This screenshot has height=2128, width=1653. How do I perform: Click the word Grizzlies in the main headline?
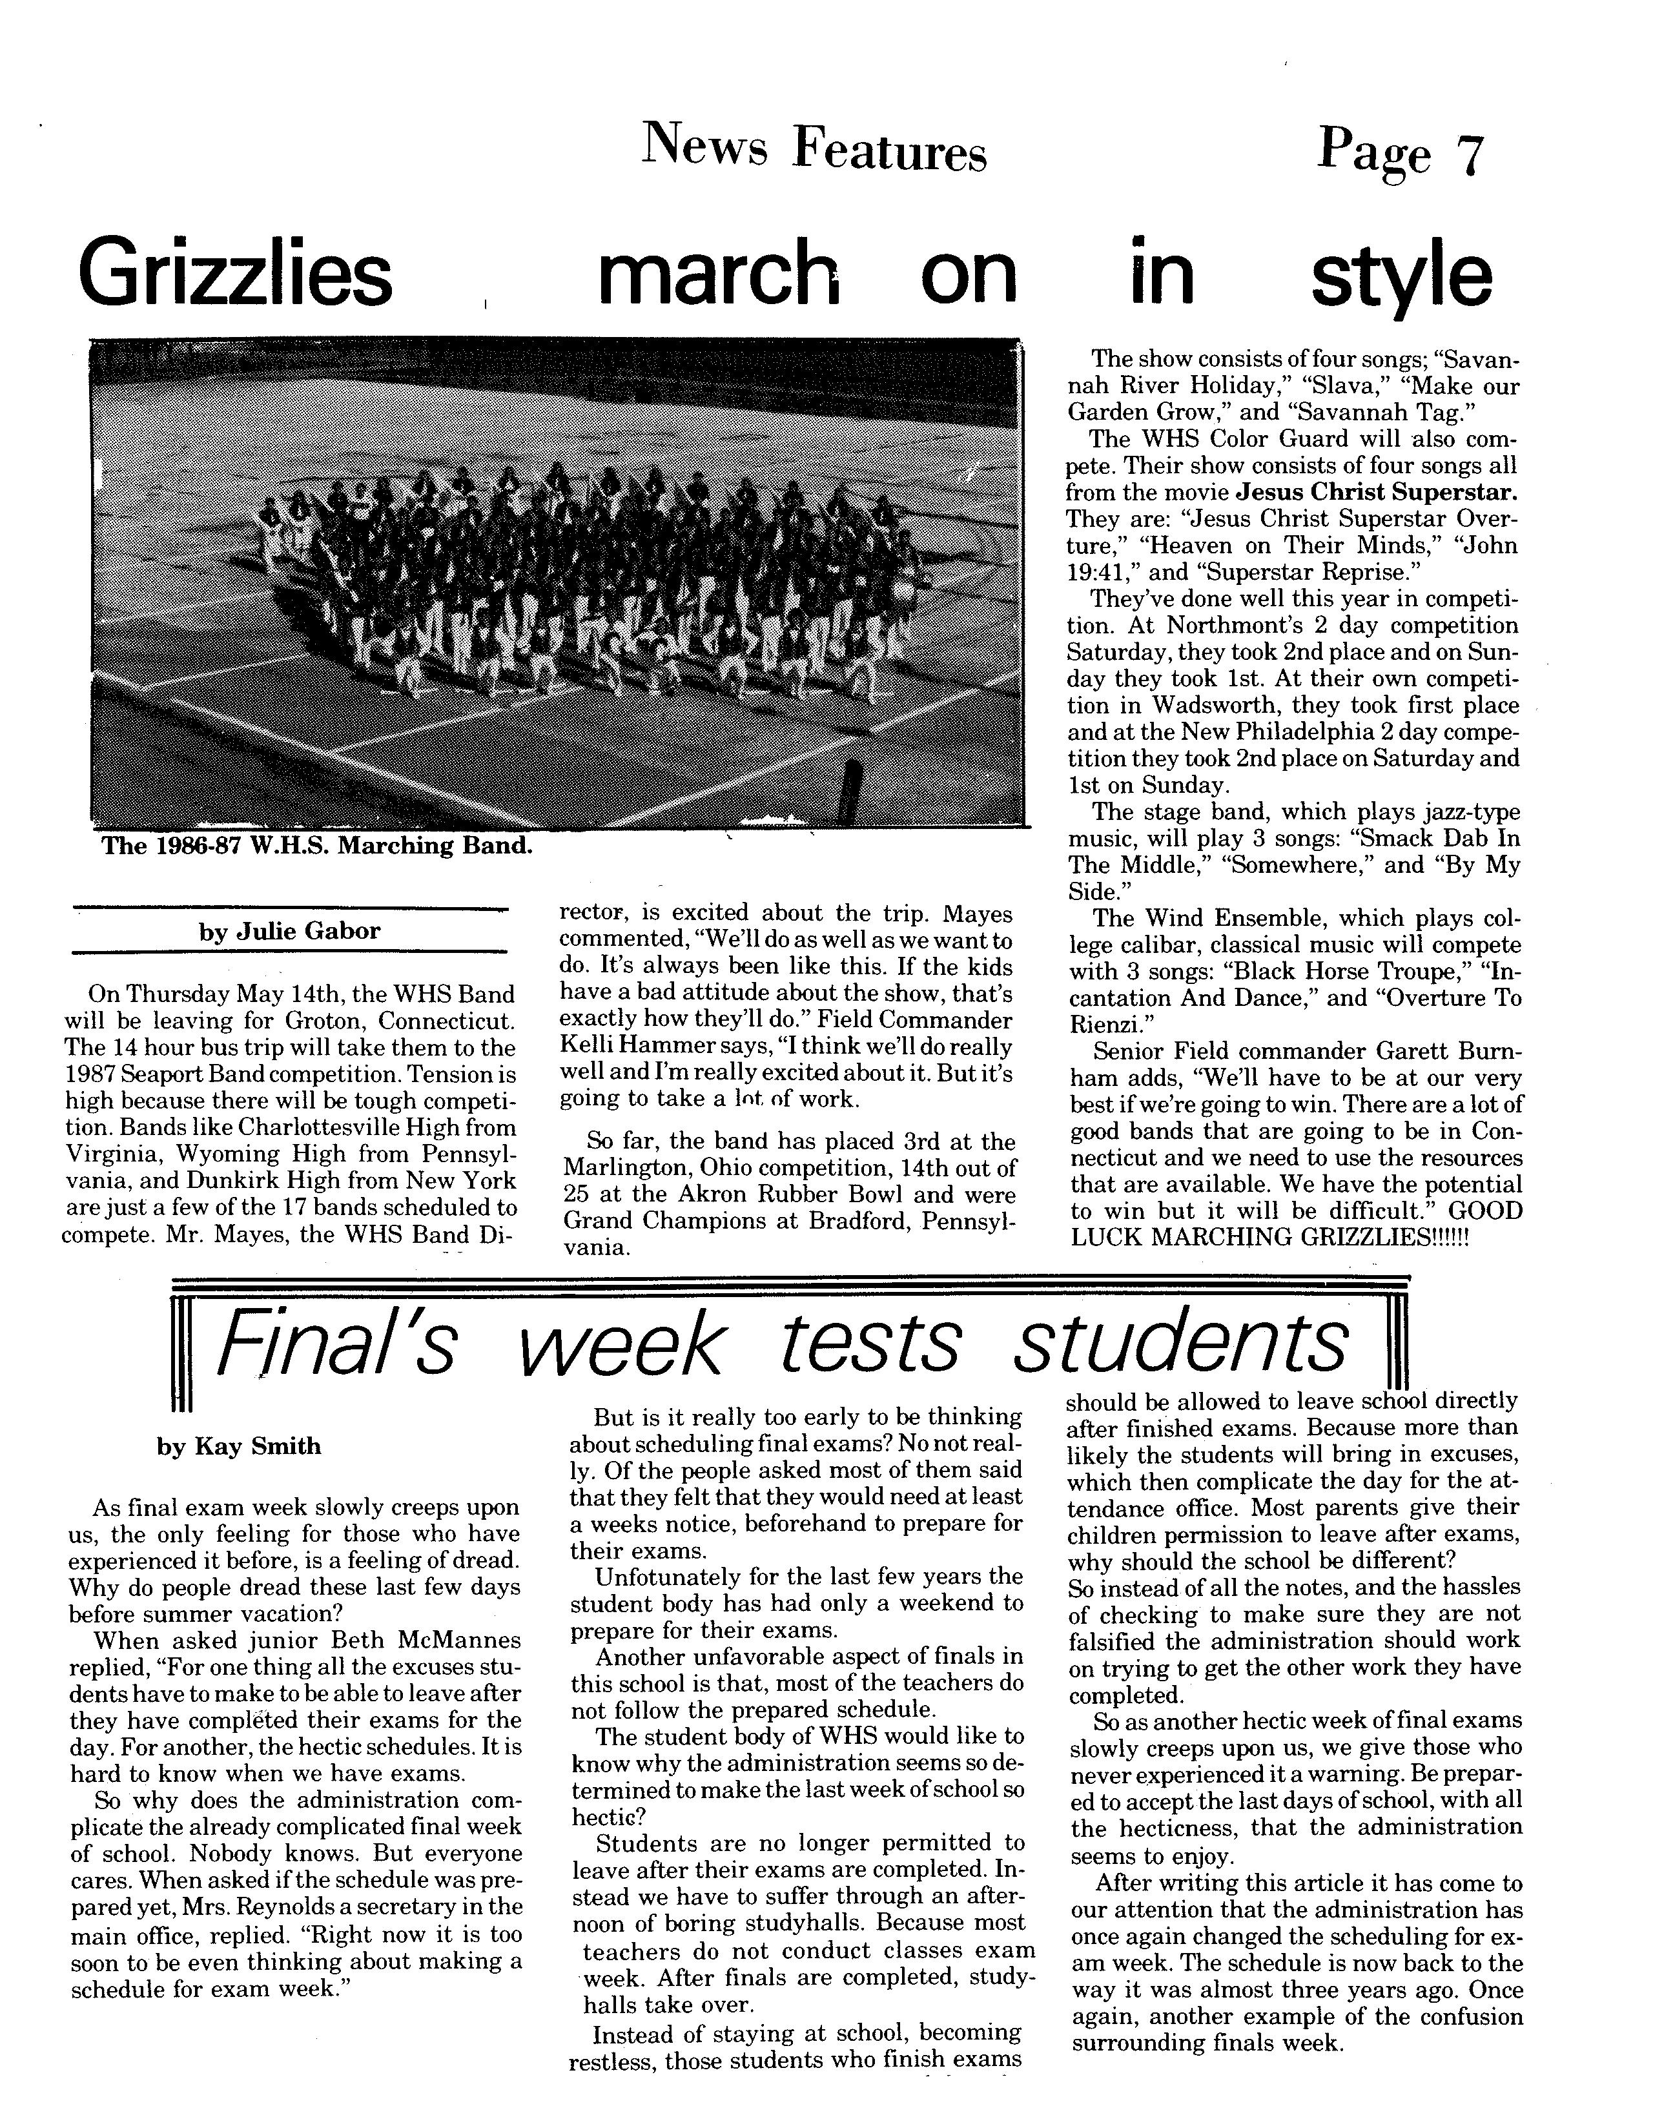pos(234,275)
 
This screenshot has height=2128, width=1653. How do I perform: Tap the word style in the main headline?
pos(1400,275)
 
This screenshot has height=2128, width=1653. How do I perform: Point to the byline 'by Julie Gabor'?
pos(289,932)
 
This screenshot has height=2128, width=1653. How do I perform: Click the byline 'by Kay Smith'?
pos(239,1446)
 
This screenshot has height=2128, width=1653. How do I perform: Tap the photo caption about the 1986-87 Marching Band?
pos(317,846)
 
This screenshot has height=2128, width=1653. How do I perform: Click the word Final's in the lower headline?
pos(334,1341)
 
